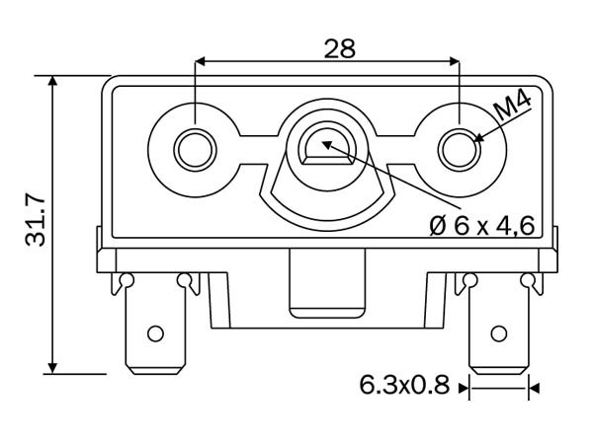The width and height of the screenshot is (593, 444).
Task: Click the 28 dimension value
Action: pos(340,48)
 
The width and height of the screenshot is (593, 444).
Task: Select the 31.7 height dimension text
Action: pos(36,221)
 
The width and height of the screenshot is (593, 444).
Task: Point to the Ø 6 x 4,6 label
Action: pos(482,226)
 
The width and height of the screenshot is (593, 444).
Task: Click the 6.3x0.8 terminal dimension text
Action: pos(404,385)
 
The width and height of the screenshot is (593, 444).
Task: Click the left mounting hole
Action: pos(195,150)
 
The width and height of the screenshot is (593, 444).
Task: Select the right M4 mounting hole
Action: pos(460,150)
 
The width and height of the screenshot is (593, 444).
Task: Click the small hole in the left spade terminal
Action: pos(155,333)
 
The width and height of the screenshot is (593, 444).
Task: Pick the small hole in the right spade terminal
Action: pos(498,333)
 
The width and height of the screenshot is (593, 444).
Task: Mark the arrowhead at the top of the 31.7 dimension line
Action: pos(53,82)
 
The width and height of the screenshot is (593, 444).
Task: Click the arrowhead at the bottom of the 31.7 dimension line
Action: pos(53,367)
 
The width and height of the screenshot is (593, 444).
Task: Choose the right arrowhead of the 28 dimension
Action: pos(453,61)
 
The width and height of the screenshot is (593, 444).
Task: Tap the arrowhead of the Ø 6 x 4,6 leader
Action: pos(327,145)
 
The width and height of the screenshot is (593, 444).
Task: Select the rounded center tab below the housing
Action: pos(327,283)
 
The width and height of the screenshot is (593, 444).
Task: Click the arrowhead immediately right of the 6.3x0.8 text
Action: pos(464,388)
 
